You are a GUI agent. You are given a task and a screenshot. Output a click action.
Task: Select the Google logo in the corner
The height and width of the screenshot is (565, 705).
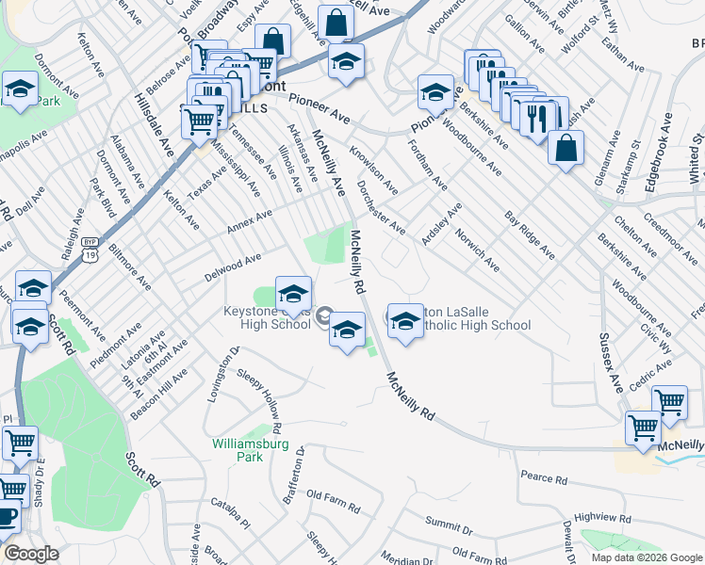point(31,554)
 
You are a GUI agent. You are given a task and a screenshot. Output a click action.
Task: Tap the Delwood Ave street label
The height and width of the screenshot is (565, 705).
point(233,266)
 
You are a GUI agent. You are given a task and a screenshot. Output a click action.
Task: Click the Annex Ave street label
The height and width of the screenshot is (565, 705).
point(249,222)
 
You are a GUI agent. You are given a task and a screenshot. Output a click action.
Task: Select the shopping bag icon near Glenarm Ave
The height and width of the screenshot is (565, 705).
point(566,149)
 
